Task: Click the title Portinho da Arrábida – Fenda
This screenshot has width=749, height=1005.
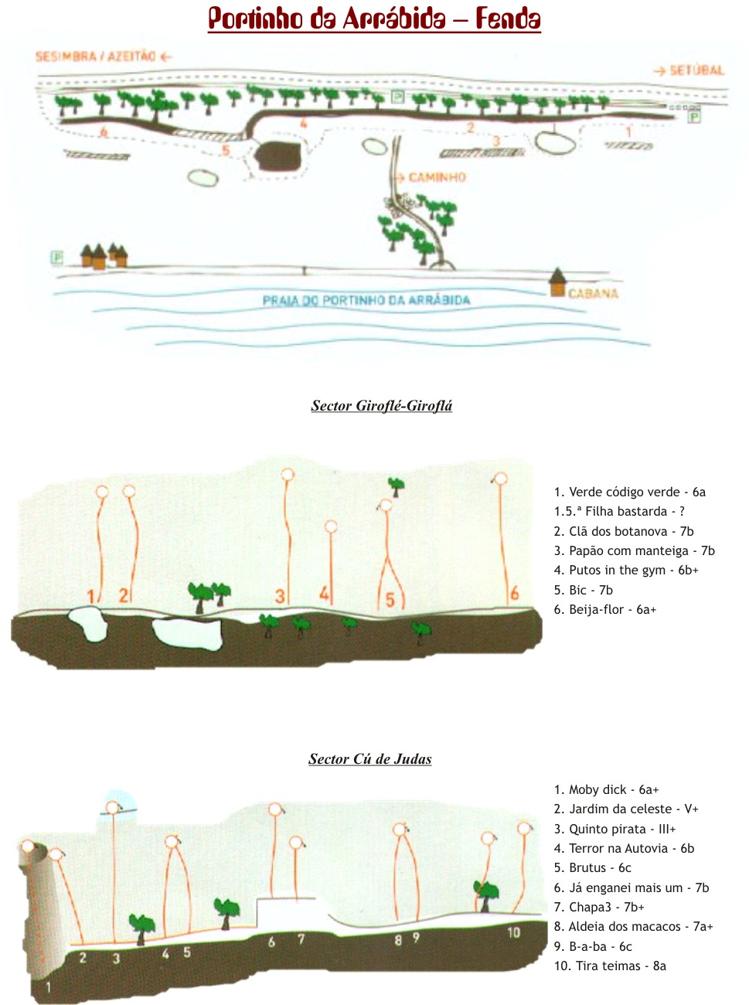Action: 374,19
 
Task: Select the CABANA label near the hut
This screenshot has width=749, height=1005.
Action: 593,294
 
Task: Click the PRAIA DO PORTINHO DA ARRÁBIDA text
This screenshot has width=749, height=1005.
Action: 366,300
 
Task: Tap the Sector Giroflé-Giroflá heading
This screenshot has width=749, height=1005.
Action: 382,406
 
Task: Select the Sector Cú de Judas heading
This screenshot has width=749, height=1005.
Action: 370,759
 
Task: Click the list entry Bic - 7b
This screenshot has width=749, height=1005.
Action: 583,590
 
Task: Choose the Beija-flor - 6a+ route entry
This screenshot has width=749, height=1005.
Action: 604,609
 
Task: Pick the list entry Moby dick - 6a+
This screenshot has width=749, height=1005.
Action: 606,789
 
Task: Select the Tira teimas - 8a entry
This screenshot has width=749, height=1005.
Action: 609,966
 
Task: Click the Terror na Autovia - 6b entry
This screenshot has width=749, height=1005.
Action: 624,848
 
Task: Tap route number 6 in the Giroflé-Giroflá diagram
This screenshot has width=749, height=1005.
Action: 514,594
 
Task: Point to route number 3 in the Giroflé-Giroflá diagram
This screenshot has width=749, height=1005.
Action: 280,596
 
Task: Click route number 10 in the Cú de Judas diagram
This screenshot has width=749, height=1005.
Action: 513,932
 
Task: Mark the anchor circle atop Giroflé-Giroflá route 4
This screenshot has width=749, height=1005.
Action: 332,526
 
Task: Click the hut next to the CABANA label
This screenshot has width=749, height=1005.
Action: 557,283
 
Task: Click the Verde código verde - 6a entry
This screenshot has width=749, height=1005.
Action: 629,492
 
